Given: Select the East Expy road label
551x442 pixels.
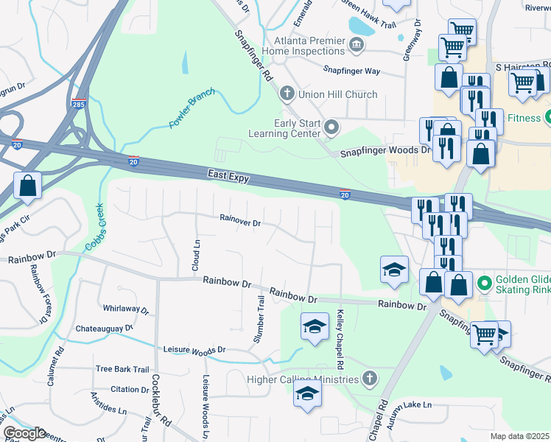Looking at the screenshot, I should tap(228, 177).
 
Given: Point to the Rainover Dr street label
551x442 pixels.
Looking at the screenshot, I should tap(240, 221).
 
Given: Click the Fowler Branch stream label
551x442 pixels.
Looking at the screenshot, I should tap(191, 108).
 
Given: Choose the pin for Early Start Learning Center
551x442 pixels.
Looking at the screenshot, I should tap(331, 128).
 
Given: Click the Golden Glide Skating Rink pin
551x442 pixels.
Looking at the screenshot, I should tap(484, 282).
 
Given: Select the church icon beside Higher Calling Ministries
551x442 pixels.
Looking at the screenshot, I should tap(370, 379).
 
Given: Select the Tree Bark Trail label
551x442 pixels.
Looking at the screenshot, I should tap(122, 369).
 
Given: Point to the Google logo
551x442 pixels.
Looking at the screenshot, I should tap(24, 432).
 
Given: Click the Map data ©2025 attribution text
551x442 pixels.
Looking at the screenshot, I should tap(519, 436).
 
